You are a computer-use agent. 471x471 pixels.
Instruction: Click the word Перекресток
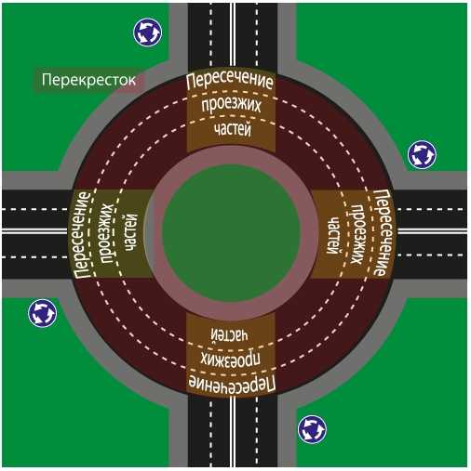click(x=88, y=80)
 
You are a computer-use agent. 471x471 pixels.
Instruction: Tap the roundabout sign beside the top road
click(x=148, y=33)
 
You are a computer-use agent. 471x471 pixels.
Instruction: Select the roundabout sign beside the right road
click(x=422, y=154)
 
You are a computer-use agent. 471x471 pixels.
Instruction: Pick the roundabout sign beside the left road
click(x=42, y=313)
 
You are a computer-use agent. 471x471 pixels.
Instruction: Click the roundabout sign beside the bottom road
click(x=312, y=429)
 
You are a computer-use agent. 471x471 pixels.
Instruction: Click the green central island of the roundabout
click(x=231, y=232)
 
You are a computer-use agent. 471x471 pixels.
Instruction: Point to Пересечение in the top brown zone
click(x=230, y=80)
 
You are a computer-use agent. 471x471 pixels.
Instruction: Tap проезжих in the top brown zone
click(x=231, y=105)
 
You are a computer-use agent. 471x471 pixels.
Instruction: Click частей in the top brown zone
click(x=233, y=130)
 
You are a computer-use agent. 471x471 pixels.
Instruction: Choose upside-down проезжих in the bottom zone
click(x=230, y=360)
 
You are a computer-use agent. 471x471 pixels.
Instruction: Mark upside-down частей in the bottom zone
click(x=230, y=334)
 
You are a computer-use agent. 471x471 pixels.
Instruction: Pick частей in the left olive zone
click(x=131, y=232)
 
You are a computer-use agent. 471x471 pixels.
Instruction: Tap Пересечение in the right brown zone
click(x=384, y=232)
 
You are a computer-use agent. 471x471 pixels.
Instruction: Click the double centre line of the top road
click(x=233, y=36)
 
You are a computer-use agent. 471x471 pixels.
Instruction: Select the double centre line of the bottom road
click(x=233, y=431)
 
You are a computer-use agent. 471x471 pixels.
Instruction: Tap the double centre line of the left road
click(x=35, y=230)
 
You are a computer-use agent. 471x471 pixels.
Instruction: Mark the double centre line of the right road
click(x=432, y=230)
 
